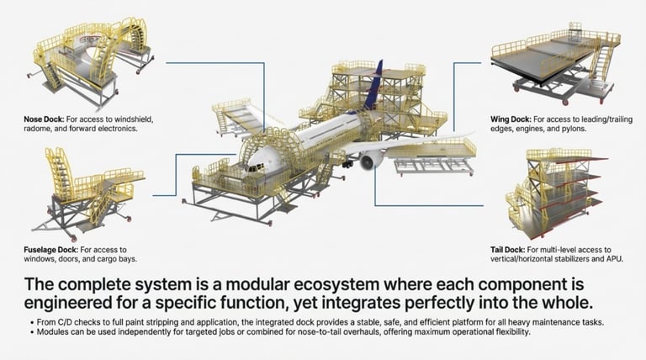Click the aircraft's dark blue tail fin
click(x=374, y=83)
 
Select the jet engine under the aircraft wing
click(x=370, y=160)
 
